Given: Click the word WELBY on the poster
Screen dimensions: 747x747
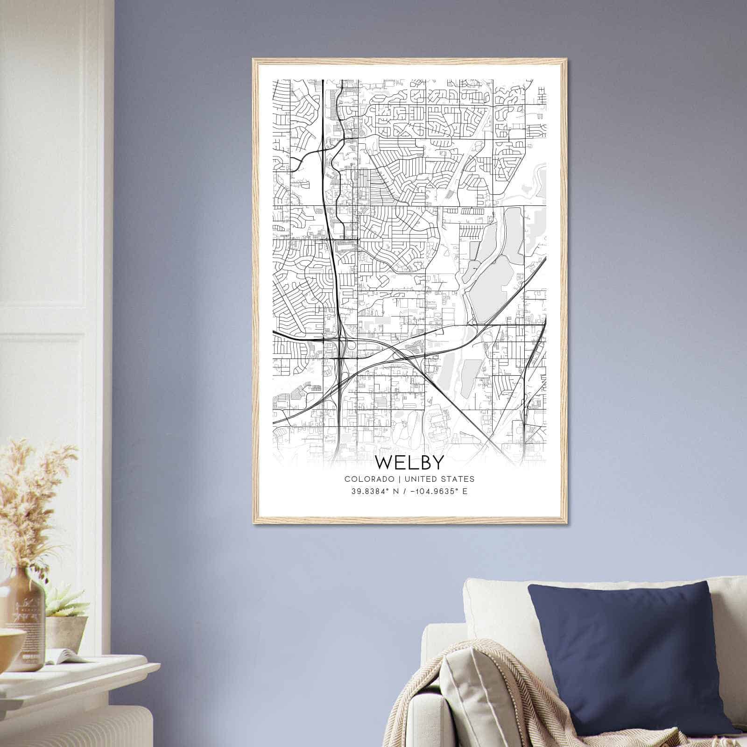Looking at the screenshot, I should tap(409, 462).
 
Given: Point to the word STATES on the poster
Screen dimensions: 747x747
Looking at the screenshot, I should tap(459, 479).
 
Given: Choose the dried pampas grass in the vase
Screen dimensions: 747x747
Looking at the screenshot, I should tap(33, 504).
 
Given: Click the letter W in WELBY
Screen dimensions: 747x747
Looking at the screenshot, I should tap(386, 462).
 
